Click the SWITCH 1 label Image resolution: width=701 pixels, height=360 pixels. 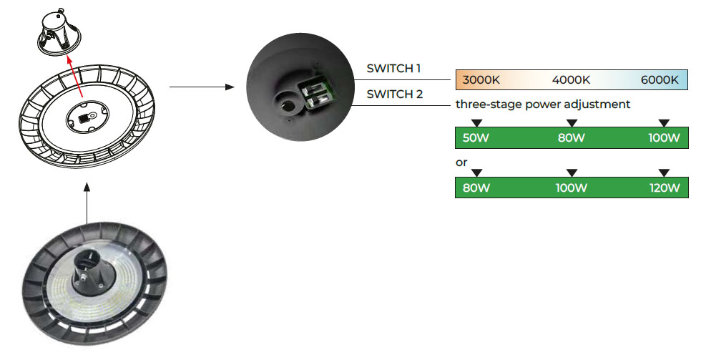pos(393,69)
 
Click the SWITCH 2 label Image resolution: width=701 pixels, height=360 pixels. pos(393,94)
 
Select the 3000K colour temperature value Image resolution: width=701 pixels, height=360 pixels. pos(481,79)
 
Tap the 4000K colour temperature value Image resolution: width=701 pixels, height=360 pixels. pos(571,79)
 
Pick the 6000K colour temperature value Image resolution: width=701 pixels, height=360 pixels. pos(660,79)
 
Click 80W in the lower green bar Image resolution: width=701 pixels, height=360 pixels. pos(476,188)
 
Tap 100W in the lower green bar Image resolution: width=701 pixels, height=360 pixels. pos(571,188)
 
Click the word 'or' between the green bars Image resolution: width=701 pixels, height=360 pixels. pos(461,162)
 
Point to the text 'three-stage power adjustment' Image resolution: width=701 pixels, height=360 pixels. pos(543,104)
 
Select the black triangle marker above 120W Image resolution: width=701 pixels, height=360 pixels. pos(664,172)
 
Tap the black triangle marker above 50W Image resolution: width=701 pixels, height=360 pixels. pos(477,122)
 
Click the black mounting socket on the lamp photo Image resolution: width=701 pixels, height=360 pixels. pos(92,267)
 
